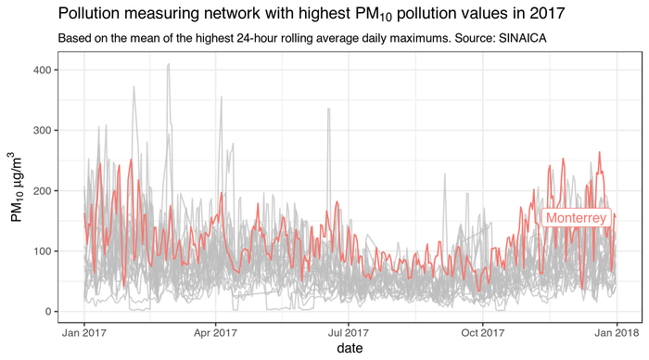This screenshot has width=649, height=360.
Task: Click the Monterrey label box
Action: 577,218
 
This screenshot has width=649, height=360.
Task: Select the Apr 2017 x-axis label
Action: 215,331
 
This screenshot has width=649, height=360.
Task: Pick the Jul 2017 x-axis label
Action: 347,331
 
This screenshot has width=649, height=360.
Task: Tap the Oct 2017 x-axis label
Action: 481,331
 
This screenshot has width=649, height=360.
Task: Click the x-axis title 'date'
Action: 349,349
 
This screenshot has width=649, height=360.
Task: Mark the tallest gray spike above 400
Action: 168,65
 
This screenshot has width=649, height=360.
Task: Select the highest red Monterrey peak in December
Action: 599,152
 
